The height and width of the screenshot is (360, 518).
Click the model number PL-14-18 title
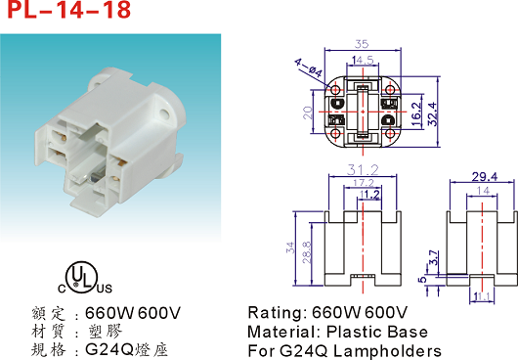click(x=69, y=9)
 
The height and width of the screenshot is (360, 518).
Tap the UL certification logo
click(x=85, y=278)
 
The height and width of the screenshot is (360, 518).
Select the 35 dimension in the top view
click(x=362, y=44)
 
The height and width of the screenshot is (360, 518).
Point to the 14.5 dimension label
click(x=363, y=61)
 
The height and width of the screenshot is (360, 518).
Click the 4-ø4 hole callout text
click(x=308, y=67)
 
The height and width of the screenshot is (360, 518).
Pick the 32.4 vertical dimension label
click(x=433, y=114)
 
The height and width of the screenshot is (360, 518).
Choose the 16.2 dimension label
click(x=416, y=114)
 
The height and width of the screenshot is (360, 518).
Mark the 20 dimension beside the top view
click(x=308, y=112)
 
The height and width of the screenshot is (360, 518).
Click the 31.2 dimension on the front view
click(x=363, y=170)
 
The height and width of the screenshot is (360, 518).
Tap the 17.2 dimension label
click(x=364, y=183)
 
